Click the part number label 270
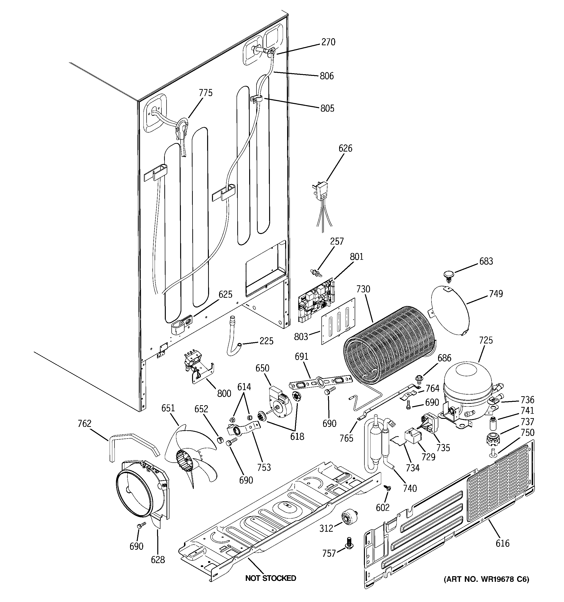[x=328, y=42]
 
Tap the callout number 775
[x=206, y=93]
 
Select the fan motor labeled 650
[x=279, y=401]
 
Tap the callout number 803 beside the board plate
[x=301, y=337]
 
